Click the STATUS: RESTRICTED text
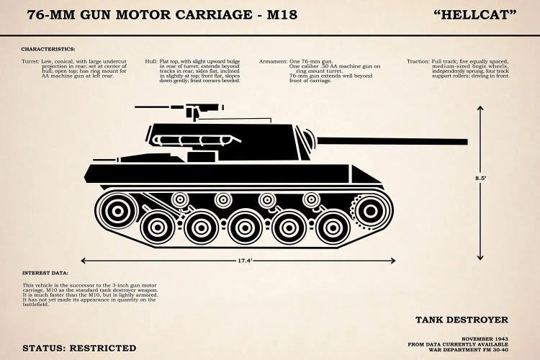tap(79, 347)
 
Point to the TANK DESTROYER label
tap(462, 319)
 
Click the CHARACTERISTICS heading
tap(48, 48)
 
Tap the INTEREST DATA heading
tap(45, 274)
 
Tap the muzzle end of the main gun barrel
tap(465, 142)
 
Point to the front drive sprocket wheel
tap(370, 210)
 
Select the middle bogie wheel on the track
tap(246, 228)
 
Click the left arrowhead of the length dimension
tap(84, 261)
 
